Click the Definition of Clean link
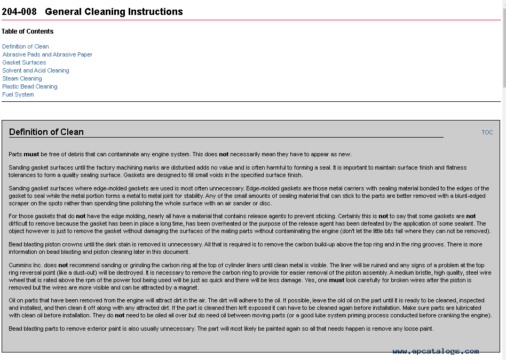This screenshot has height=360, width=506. [25, 46]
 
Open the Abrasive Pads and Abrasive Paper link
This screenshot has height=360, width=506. [47, 54]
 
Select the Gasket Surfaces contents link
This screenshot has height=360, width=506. [24, 62]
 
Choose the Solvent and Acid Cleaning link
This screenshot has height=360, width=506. [36, 70]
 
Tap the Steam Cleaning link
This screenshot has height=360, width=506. [22, 78]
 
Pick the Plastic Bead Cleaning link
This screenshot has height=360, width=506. [29, 86]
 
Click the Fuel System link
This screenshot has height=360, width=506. [18, 94]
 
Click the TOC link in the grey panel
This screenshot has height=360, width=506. [487, 132]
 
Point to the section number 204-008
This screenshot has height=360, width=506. [19, 12]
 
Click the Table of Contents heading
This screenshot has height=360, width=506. [27, 31]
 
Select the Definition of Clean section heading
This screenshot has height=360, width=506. [46, 132]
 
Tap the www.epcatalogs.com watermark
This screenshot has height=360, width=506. [436, 351]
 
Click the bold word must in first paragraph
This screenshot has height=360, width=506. [31, 154]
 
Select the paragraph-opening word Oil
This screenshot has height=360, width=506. [13, 300]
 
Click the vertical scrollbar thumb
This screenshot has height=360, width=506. [503, 48]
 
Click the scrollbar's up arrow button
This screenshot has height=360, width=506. [503, 3]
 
